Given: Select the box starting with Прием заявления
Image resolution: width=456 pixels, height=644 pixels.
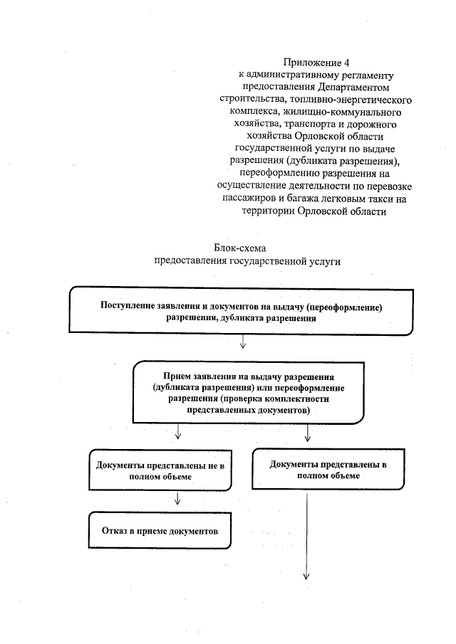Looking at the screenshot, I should coord(249,394).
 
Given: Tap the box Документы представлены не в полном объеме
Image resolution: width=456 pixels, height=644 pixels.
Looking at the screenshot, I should coord(160,470).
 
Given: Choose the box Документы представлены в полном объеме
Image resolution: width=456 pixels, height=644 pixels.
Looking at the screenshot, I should coord(328,470).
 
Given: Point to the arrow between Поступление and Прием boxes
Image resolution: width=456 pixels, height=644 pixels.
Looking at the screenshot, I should coord(243,342).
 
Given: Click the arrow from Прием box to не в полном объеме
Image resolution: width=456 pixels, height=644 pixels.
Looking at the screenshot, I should coord(177,432).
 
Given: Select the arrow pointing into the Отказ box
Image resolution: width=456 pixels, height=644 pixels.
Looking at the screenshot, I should coord(177,500).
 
